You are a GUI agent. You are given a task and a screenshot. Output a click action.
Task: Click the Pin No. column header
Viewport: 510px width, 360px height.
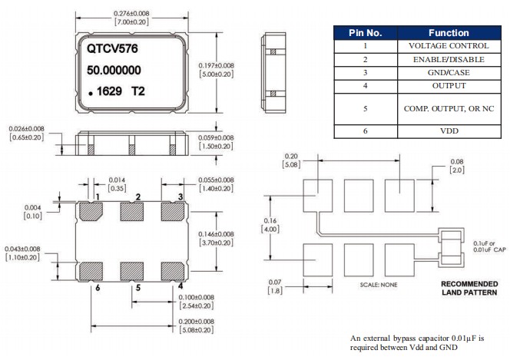point(365,33)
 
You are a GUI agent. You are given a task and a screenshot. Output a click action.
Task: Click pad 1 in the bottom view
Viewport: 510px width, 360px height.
point(91,210)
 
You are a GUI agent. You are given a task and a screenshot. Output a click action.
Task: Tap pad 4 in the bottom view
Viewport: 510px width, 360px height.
point(171,269)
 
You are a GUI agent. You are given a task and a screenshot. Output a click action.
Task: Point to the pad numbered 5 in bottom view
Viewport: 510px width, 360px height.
point(131,269)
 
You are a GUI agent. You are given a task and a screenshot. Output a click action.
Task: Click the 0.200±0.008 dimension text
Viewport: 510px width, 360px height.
point(191,326)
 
